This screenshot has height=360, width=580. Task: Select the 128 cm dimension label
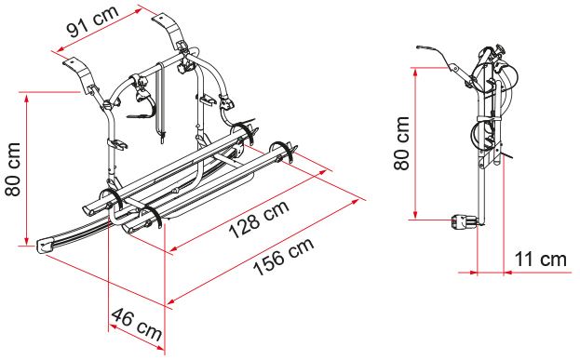259,220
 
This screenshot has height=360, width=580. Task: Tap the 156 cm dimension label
284,256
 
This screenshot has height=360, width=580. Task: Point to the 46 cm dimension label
137,324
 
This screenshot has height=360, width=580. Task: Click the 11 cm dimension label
540,260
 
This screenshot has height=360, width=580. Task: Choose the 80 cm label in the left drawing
13,169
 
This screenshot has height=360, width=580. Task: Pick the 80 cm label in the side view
401,143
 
